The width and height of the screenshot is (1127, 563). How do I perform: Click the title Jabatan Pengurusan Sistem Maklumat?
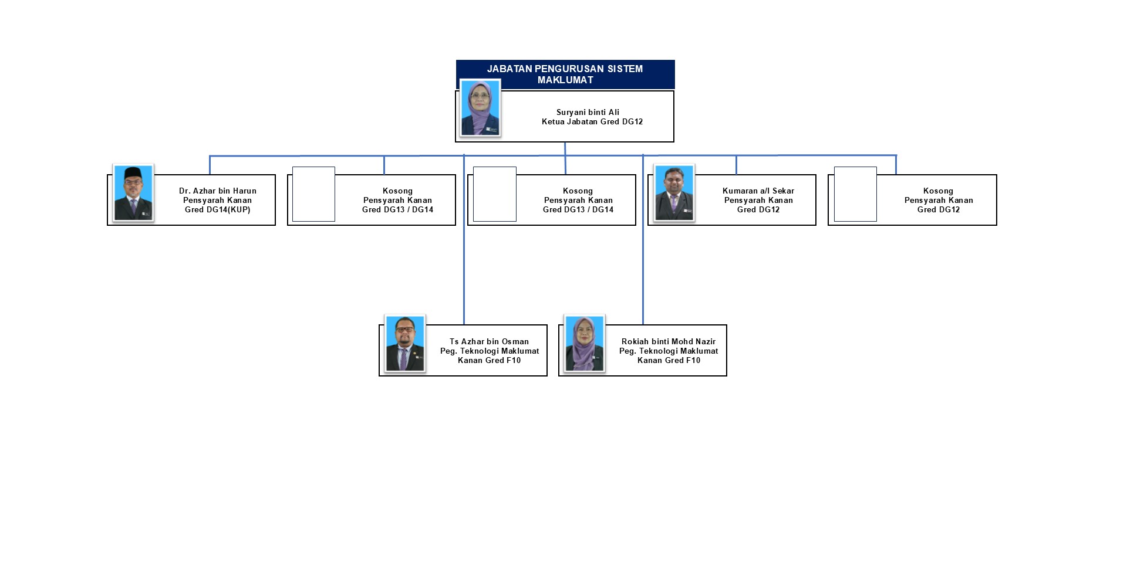pyautogui.click(x=565, y=74)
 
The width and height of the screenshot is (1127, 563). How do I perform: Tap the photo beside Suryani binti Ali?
pyautogui.click(x=480, y=108)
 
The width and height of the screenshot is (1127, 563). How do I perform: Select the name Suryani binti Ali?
pyautogui.click(x=588, y=112)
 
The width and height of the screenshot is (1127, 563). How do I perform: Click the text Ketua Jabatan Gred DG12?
pyautogui.click(x=592, y=122)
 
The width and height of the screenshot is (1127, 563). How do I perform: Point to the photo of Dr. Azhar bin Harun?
pyautogui.click(x=133, y=192)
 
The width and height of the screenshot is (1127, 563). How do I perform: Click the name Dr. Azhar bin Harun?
pyautogui.click(x=217, y=191)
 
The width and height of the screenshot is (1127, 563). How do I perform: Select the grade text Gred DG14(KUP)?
pyautogui.click(x=217, y=210)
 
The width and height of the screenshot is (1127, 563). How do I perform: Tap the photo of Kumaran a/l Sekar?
pyautogui.click(x=674, y=192)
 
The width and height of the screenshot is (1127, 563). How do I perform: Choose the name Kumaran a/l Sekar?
pyautogui.click(x=758, y=191)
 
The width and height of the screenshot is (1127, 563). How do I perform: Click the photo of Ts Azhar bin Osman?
pyautogui.click(x=404, y=343)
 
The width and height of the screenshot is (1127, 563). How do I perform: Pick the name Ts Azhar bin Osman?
pyautogui.click(x=489, y=341)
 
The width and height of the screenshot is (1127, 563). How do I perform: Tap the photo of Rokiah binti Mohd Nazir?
pyautogui.click(x=584, y=343)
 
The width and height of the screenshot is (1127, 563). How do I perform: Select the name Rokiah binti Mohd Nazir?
pyautogui.click(x=668, y=341)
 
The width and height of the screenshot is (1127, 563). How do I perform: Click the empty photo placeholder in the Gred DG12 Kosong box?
pyautogui.click(x=855, y=194)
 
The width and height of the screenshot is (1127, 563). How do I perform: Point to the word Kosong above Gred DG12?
pyautogui.click(x=937, y=191)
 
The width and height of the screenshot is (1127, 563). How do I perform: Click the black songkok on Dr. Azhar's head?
pyautogui.click(x=133, y=172)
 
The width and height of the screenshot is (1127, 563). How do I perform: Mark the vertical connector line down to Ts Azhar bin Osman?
pyautogui.click(x=464, y=264)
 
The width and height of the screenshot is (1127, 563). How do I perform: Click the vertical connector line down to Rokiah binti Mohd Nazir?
pyautogui.click(x=643, y=264)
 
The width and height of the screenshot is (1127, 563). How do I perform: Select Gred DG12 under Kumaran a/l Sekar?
pyautogui.click(x=758, y=210)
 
